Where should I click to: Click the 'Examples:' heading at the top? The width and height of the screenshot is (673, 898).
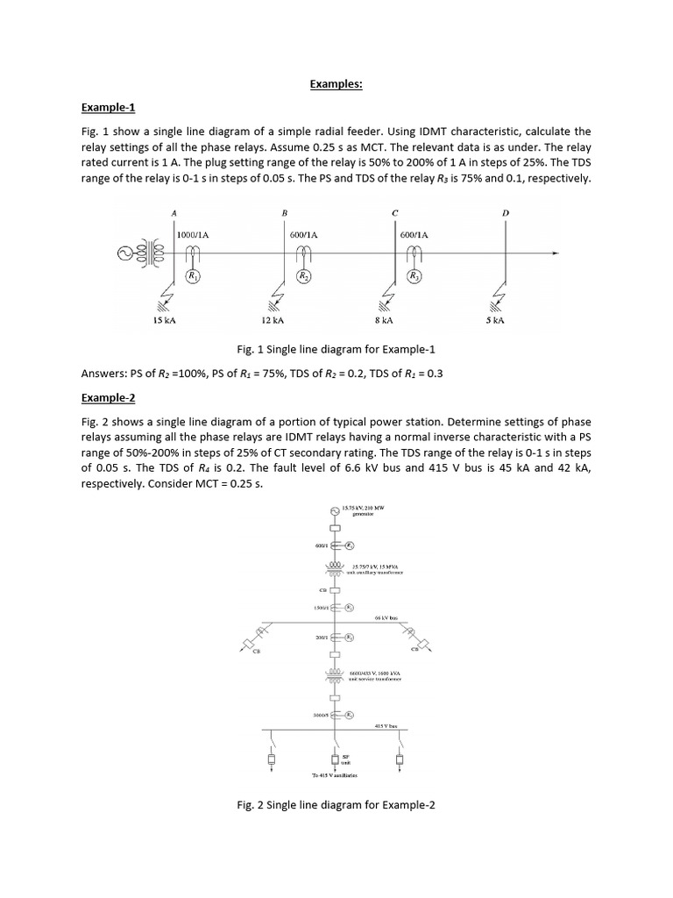point(336,84)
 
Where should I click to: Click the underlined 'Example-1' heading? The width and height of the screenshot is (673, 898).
point(108,108)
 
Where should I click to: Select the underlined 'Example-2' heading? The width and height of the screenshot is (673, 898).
point(108,397)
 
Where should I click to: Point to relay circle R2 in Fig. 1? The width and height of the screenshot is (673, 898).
point(303,277)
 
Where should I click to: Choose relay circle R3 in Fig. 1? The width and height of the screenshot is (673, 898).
point(414,277)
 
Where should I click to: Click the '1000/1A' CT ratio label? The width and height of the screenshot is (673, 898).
point(193,235)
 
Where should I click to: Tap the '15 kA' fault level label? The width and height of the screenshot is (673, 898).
point(165,321)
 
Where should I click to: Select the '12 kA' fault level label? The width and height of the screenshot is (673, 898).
point(274,321)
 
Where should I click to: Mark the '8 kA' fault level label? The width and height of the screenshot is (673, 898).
point(385,321)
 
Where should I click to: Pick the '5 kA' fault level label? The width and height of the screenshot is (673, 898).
point(495,321)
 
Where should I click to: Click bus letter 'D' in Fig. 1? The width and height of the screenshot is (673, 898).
point(506,213)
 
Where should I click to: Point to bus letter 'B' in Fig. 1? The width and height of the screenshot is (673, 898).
point(284,213)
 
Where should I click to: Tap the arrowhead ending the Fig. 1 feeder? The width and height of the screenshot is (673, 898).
point(554,254)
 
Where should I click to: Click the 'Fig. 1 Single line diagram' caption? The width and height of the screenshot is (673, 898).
point(336,349)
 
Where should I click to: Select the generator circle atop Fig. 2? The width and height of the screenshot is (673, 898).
point(334,511)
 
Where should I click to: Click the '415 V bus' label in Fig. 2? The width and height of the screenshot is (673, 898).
point(386,726)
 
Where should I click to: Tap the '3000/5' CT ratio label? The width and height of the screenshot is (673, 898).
point(319,716)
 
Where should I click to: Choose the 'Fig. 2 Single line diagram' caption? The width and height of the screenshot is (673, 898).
point(336,804)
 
